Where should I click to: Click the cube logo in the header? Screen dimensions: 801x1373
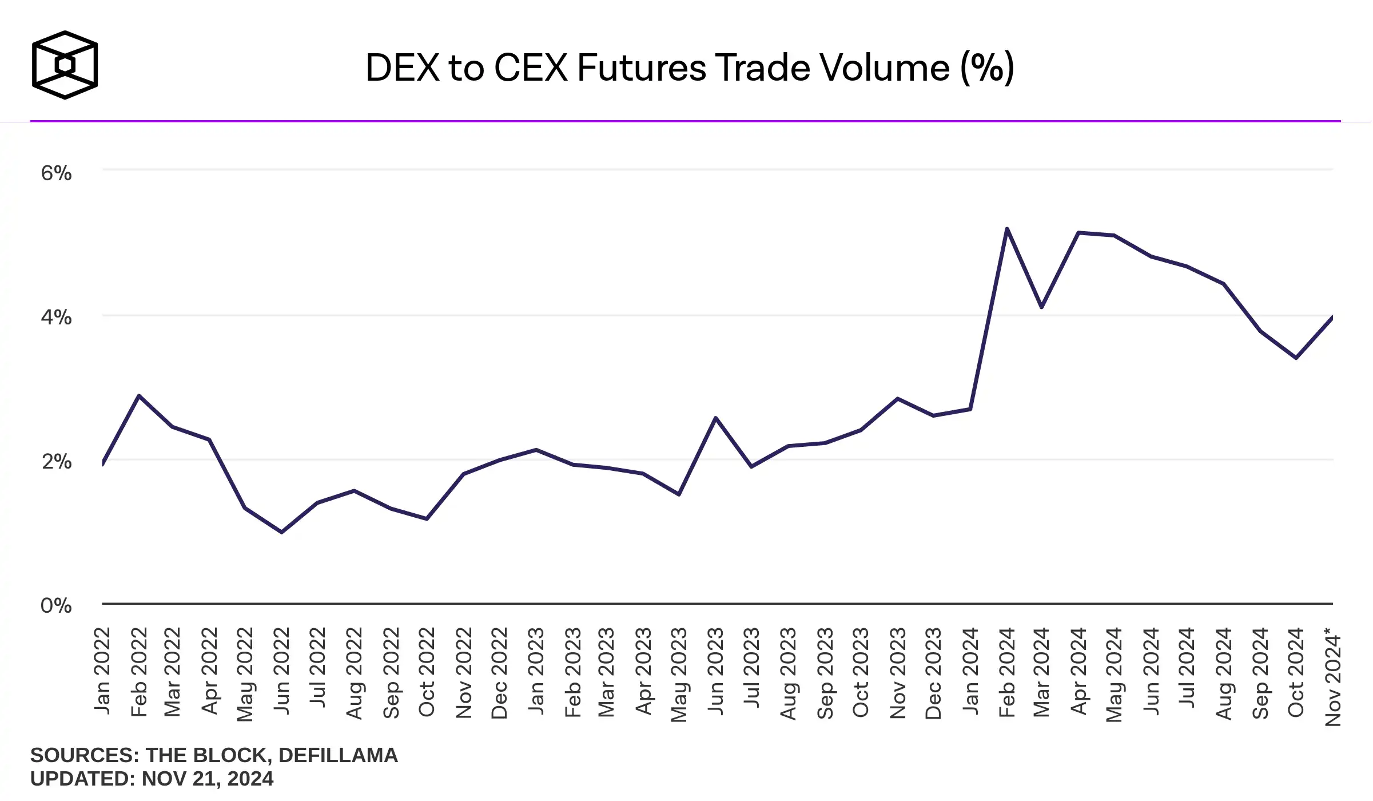(x=65, y=65)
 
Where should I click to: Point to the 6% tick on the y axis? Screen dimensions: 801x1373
(x=56, y=173)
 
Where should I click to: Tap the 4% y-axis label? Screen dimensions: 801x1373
(x=56, y=317)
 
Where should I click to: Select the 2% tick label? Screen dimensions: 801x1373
(x=56, y=461)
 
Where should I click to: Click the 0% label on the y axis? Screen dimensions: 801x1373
(x=56, y=605)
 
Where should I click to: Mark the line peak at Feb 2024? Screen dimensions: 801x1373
(x=1006, y=229)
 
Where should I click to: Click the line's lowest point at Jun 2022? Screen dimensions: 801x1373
(x=282, y=532)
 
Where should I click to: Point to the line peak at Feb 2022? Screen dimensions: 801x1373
(x=138, y=395)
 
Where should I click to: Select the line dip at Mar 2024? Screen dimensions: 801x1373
(x=1042, y=307)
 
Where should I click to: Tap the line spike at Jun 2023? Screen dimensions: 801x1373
(x=715, y=418)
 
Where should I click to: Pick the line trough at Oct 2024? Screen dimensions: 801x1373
(x=1296, y=358)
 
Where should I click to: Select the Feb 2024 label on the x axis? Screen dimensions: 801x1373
(x=1006, y=672)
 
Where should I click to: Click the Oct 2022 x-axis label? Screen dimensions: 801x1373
(x=427, y=672)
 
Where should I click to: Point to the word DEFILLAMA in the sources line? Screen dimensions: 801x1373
(x=338, y=755)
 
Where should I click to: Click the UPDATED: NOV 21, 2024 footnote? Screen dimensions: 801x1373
(x=152, y=779)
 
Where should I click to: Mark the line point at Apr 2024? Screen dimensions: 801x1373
(x=1078, y=232)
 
